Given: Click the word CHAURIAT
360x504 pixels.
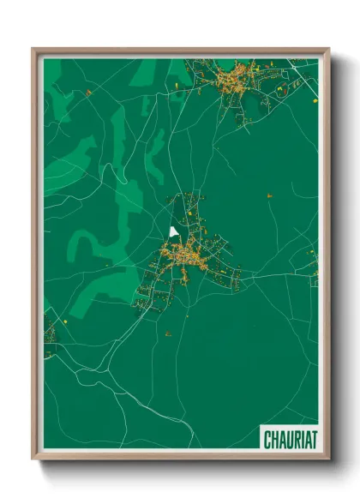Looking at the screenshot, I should point(291,440).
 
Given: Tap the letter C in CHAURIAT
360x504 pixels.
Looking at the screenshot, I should point(267,440).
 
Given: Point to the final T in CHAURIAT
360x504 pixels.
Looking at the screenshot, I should point(314,440).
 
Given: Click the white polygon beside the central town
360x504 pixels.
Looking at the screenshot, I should point(174,231).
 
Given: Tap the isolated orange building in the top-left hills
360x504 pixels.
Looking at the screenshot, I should point(87,92).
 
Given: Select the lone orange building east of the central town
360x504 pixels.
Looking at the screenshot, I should point(269,195).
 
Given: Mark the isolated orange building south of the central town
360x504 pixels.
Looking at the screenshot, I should point(168,333).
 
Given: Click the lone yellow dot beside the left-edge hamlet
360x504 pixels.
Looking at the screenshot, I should point(64,321).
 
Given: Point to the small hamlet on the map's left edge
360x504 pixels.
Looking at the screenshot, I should point(50,339).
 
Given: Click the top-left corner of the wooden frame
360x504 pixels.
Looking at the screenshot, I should point(33,50).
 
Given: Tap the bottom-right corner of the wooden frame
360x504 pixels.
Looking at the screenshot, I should point(328,459).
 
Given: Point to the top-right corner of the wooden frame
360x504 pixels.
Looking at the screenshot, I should point(328,50).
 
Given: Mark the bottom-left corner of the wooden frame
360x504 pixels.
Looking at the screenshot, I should point(33,459).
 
